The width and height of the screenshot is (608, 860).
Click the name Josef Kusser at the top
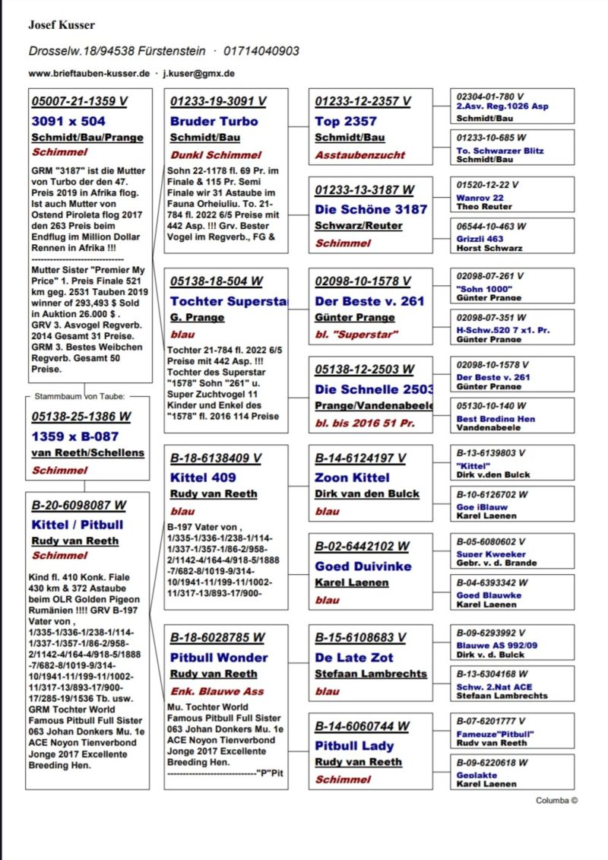coord(62,25)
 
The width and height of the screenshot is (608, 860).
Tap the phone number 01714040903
coord(261,51)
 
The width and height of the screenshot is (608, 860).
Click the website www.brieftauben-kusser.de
coord(89,74)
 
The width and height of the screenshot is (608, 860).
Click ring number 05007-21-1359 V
coord(80,101)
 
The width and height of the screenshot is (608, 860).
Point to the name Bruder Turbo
coord(214,121)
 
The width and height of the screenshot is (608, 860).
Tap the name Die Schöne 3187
coord(371,209)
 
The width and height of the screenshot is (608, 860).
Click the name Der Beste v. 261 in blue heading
coord(369,301)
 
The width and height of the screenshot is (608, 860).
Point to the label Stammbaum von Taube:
coord(80,396)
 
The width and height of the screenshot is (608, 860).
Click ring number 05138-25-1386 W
coord(81,417)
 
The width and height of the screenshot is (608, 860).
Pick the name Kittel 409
coord(203,478)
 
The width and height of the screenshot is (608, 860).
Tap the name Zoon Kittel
coord(351,478)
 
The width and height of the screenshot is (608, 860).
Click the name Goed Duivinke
coord(363,566)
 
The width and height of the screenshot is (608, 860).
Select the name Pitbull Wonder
coord(219,657)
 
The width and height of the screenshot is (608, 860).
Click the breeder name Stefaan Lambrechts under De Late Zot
coord(371,674)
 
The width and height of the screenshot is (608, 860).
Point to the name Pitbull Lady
coord(358,745)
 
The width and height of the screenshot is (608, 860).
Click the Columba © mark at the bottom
coord(556,800)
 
